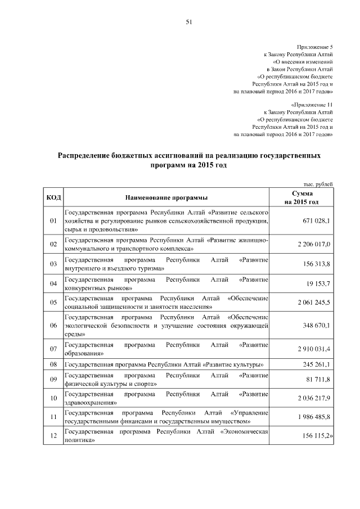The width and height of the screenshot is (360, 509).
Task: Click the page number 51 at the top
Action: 189,22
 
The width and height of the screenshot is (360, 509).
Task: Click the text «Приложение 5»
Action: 315,47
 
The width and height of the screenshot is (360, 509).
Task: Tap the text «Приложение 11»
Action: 313,105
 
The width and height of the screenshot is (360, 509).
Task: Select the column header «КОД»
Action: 53,197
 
